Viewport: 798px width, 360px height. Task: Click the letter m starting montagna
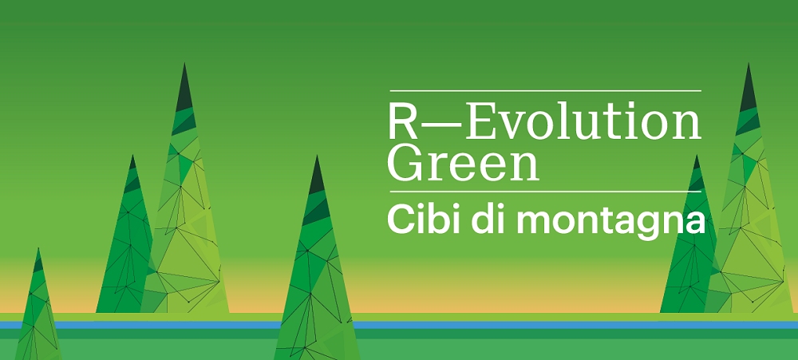[516, 220]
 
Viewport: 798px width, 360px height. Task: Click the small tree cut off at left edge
[35, 311]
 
